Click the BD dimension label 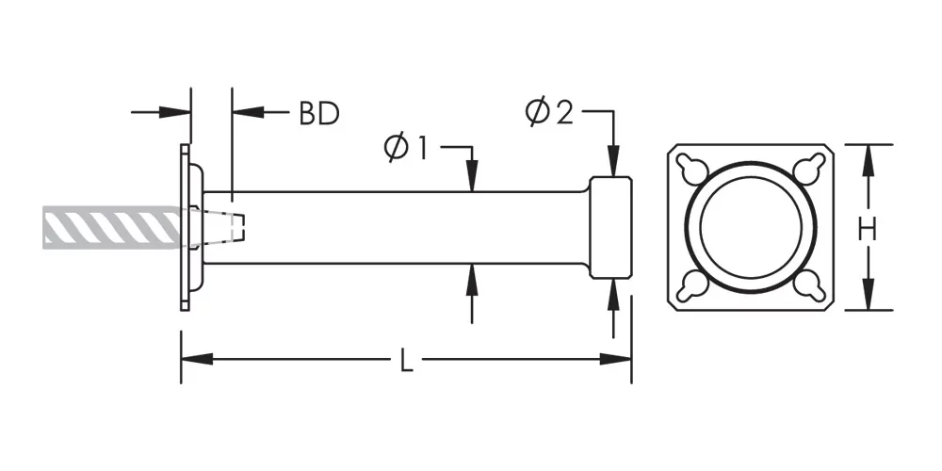pos(318,113)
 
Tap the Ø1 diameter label pos(406,148)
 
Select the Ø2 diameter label pos(548,113)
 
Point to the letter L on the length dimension pos(407,362)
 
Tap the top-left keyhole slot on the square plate pos(693,169)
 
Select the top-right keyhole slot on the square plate pos(806,169)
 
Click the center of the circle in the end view pos(750,226)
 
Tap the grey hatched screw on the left pos(113,227)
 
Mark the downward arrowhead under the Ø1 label pos(472,180)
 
